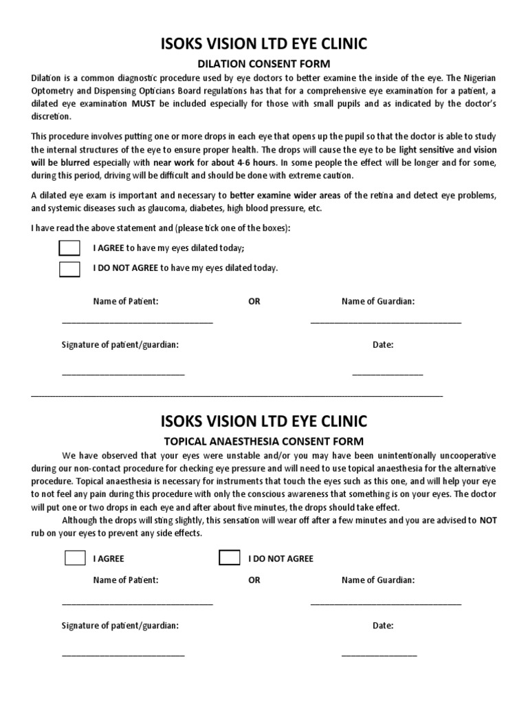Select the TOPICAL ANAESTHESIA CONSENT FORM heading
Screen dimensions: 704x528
(263, 441)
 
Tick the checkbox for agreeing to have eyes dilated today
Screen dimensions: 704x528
(69, 248)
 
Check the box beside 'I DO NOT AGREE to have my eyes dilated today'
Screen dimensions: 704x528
(69, 268)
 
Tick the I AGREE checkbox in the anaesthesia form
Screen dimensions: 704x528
(75, 558)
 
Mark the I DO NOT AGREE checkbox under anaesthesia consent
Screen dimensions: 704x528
(230, 558)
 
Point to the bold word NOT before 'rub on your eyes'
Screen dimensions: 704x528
(488, 520)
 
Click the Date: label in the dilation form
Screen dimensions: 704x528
(383, 345)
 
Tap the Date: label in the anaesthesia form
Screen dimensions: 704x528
(383, 626)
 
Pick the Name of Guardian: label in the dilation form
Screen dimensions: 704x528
(378, 301)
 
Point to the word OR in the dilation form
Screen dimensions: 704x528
(254, 301)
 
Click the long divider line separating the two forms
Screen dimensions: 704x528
(237, 397)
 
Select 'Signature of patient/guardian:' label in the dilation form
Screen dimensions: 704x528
(120, 345)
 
